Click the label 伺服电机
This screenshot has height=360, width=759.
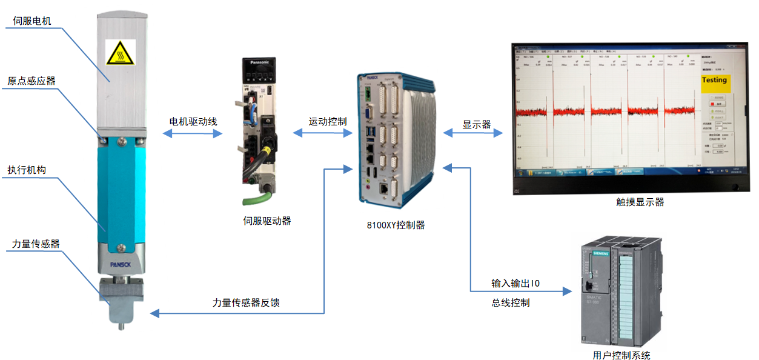click(x=32, y=22)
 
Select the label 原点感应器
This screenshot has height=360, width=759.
click(x=31, y=82)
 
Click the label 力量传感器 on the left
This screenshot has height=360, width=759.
click(x=36, y=244)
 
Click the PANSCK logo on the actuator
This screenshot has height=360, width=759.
click(x=120, y=264)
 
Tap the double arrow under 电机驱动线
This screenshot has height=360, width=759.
click(x=193, y=135)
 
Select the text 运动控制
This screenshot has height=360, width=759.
click(x=328, y=121)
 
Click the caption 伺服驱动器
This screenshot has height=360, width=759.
click(x=267, y=221)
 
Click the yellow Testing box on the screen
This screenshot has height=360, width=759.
click(x=714, y=81)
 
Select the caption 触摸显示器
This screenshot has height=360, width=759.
click(x=640, y=202)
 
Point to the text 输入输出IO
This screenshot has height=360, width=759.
click(x=515, y=283)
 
